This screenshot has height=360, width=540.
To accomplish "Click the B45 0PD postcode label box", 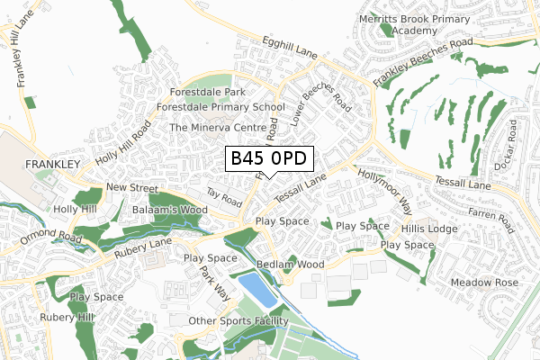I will [269, 159].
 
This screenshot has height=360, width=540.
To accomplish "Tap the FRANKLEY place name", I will [54, 164].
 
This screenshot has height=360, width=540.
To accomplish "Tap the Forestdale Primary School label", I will [220, 107].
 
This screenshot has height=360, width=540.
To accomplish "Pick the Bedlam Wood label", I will [290, 265].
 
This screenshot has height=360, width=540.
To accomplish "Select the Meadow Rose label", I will [485, 282].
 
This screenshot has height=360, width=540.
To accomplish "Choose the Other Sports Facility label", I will [238, 321].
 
